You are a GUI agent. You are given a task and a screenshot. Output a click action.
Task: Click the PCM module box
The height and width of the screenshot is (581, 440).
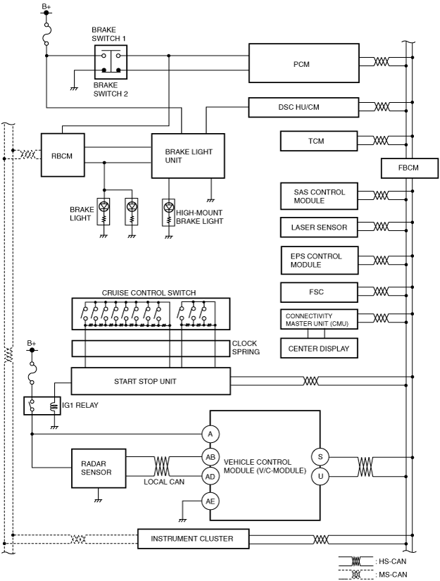point(303,63)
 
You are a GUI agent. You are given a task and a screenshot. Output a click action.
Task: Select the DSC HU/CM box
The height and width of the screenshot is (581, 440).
point(303,107)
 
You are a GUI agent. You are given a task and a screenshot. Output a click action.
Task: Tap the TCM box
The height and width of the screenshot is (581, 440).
point(319,141)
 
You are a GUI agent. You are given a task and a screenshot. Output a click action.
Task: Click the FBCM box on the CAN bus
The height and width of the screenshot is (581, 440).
point(410,168)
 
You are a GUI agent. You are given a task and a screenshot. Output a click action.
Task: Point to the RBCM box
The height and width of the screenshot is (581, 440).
point(63,155)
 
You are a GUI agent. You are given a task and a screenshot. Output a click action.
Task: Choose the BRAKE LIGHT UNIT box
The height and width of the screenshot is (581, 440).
point(188,156)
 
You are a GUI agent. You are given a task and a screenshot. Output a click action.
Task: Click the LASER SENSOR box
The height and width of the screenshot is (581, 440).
point(319,227)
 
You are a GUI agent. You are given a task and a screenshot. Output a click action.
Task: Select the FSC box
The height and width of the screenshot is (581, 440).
point(319,292)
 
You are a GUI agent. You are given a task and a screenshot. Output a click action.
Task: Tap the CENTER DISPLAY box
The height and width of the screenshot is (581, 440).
point(319,348)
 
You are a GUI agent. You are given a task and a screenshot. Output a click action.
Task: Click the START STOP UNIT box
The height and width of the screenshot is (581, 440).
point(151,381)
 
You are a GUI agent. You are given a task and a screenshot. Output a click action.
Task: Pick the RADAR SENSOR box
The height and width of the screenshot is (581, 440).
point(99,468)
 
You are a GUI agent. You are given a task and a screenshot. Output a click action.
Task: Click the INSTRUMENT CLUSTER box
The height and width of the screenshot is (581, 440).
point(193,538)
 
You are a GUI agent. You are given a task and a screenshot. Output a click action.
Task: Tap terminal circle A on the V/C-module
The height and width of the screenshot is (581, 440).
point(210,434)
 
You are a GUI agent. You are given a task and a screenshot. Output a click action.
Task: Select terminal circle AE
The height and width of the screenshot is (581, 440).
point(210,501)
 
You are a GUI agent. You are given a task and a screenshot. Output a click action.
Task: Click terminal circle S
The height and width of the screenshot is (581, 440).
point(320,457)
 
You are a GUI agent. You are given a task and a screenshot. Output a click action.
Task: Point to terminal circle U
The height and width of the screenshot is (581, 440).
point(320,476)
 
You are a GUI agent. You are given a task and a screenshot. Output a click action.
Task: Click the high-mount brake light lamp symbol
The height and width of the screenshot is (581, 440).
point(168,212)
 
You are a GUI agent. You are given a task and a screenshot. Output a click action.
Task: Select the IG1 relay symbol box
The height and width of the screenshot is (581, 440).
point(42,406)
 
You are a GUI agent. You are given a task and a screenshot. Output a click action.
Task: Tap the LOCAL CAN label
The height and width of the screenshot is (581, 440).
point(164,482)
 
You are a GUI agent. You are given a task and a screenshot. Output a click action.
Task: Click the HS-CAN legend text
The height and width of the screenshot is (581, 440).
point(393,561)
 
